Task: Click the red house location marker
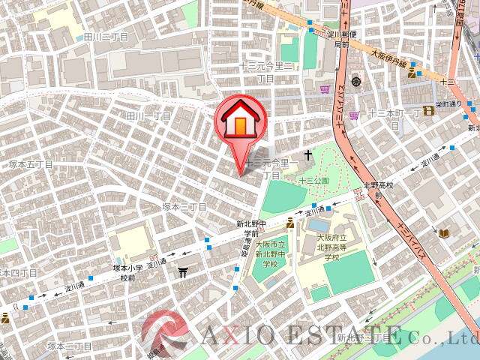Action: coord(240,120)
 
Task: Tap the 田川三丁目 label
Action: coord(106,36)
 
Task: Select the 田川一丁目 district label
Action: coord(148,116)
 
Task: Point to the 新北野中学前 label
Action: coord(251,228)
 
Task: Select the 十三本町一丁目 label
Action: coord(394,118)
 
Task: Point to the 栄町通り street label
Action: coord(450,105)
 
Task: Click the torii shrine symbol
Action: coord(183,273)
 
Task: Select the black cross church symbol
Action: coord(306,155)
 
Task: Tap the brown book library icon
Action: coord(444,234)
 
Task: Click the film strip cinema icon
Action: coord(428,111)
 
